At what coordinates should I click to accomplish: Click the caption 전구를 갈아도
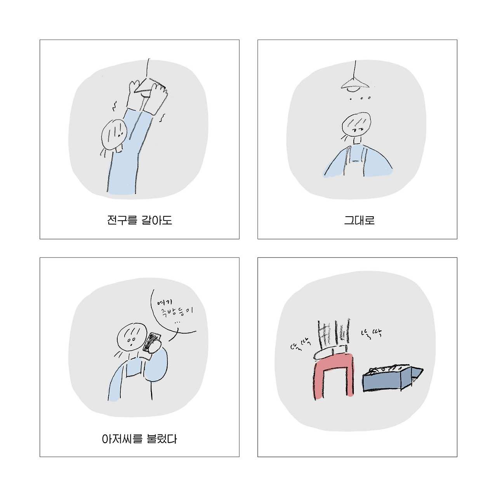point(139,221)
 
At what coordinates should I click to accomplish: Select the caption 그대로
point(359,221)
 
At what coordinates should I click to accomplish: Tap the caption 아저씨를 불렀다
point(139,439)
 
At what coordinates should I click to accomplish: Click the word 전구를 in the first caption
point(122,221)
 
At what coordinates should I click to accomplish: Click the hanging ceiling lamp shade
point(355,83)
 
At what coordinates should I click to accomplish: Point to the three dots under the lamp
point(360,98)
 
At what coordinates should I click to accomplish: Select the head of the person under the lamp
point(356,124)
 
